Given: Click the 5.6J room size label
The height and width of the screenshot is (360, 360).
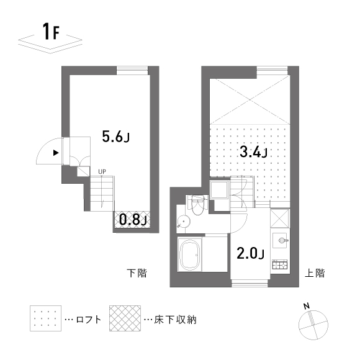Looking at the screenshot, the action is coord(115,137).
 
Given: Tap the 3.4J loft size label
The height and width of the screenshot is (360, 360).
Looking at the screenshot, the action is coord(253,152).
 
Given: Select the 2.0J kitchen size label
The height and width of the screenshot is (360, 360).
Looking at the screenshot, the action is coord(250,253).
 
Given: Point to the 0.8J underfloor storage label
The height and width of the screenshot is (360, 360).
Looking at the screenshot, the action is coord(133,220).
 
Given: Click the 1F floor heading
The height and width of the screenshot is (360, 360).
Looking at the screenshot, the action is coord(51,31).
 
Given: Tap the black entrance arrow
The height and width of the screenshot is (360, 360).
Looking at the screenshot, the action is coord(56,153).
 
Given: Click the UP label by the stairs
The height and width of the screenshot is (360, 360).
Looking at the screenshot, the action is coord(102,171).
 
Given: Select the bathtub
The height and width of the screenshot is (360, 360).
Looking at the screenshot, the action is coord(190,254).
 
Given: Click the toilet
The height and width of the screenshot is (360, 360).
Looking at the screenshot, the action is coord(198,205).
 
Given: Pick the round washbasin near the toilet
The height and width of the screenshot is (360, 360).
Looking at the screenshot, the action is coord(184,222).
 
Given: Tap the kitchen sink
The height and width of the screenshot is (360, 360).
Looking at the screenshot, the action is coord(280,241).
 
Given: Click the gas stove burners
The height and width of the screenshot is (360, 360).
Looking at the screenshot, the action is coord(280,264).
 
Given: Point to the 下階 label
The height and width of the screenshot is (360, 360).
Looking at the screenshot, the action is coord(137,273).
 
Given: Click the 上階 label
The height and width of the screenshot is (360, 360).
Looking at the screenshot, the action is coord(315,273).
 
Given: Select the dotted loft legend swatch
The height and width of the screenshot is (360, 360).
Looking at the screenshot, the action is coord(45,318).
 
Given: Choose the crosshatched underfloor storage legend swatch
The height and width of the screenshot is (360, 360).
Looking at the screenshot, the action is coord(125,318).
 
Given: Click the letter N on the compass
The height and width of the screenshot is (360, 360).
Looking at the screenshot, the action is coord(306,306).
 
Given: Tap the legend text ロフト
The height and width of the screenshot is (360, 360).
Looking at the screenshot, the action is coord(88,320).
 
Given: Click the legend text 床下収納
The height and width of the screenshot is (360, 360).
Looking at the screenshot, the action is coord(176,320).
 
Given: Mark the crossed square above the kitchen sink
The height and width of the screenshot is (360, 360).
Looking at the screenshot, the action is coord(280,218).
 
